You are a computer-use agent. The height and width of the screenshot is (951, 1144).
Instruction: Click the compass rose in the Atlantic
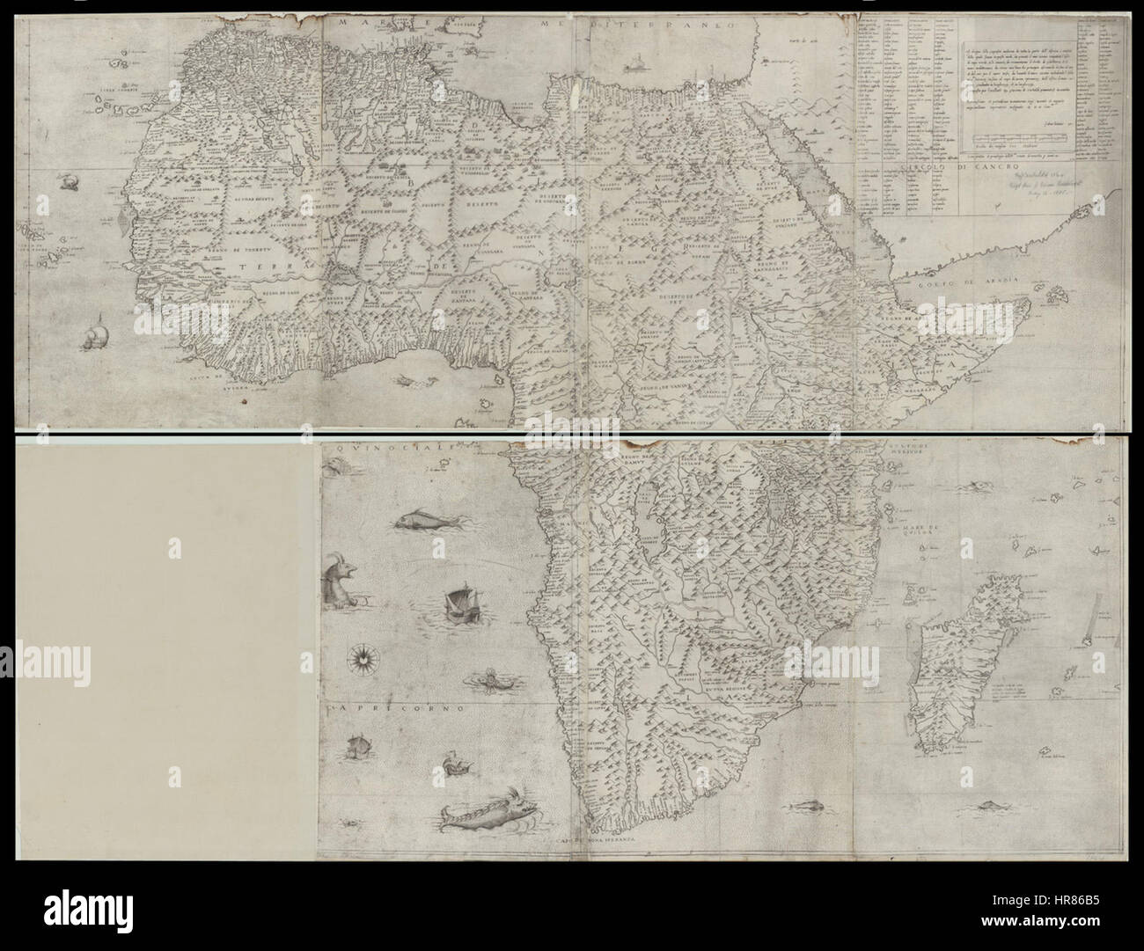click(x=359, y=655)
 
